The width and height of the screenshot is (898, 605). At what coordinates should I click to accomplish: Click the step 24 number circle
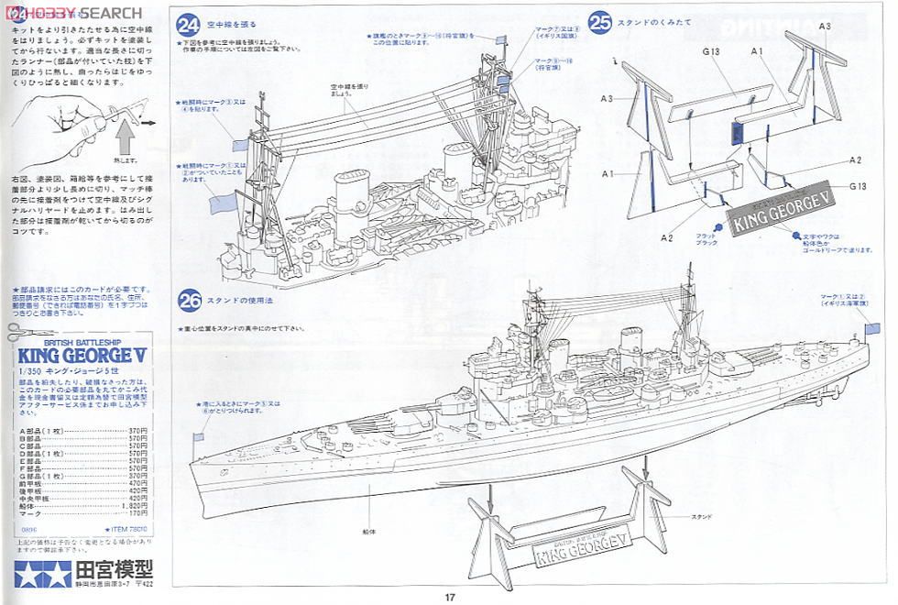coord(191,24)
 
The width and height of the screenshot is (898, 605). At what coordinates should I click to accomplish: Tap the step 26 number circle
coord(191,300)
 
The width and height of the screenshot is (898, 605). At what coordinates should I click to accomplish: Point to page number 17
coord(449,598)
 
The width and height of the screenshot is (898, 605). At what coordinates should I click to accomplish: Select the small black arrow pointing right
coord(149,118)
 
